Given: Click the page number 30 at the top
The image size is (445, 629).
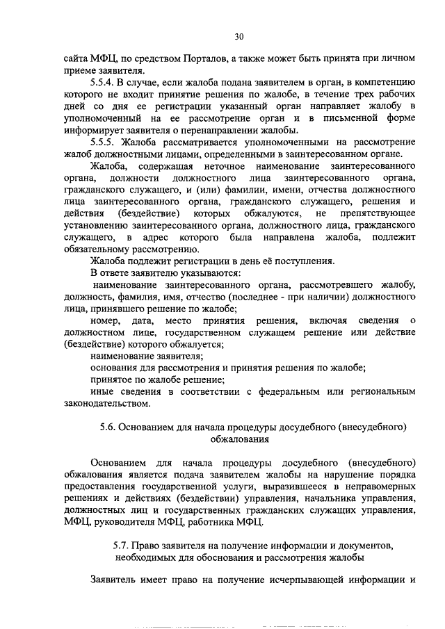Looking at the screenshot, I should point(239,35).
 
